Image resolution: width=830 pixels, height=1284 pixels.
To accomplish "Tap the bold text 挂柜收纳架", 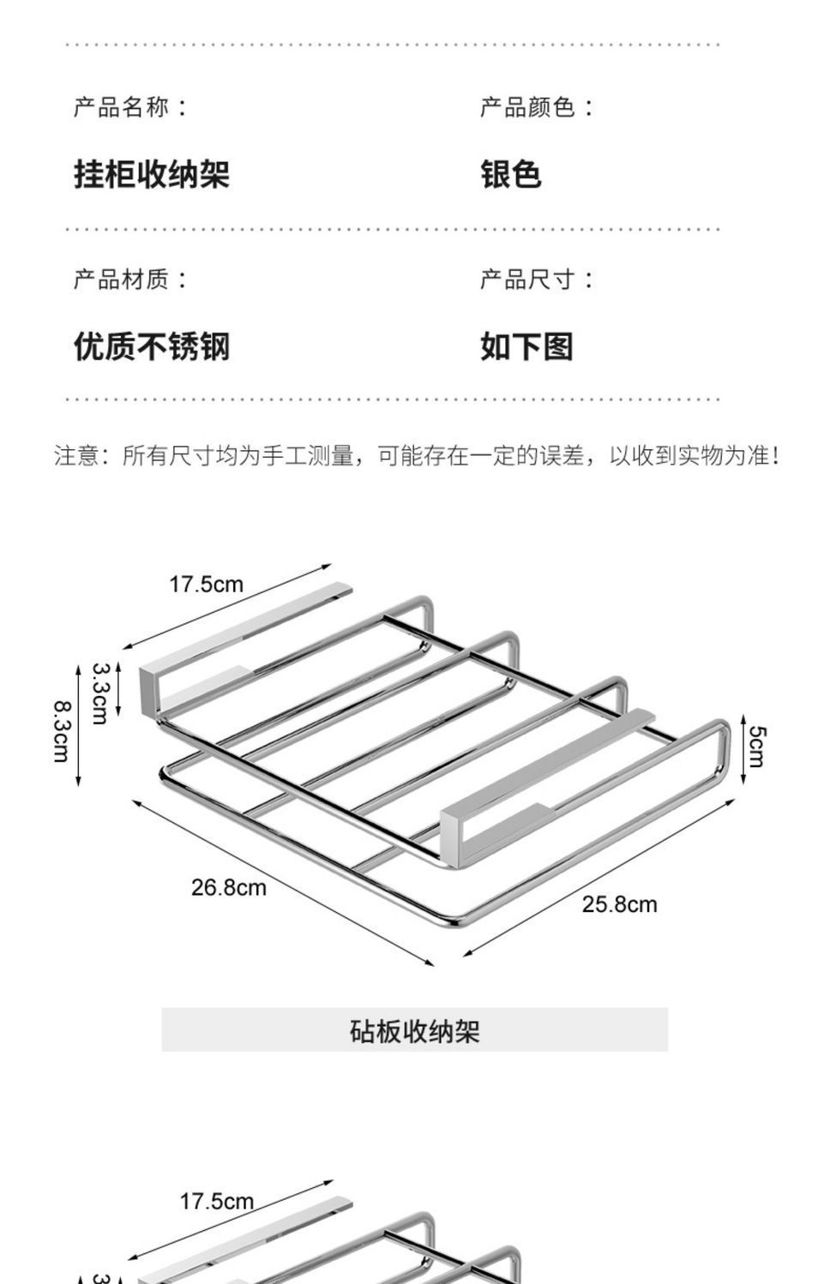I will [x=152, y=174].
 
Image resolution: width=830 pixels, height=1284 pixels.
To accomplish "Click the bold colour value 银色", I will [x=510, y=174].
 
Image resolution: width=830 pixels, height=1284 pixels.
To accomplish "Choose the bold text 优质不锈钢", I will [x=152, y=346].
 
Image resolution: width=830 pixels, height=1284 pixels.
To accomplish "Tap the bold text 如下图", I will [x=526, y=346].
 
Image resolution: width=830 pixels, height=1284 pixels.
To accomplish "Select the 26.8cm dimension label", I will [x=228, y=887].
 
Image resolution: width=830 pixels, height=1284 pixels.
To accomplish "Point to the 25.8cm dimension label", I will [x=619, y=904].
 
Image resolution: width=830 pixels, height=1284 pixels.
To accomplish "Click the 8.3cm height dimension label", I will [x=62, y=731].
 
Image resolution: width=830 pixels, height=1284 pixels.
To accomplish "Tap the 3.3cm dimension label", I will [x=99, y=693].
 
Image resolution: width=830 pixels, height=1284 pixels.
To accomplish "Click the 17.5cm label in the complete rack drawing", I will [x=206, y=585].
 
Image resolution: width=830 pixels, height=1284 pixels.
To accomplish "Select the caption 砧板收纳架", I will [x=414, y=1030].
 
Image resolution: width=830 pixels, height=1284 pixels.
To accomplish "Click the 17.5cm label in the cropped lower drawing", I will [x=216, y=1202].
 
